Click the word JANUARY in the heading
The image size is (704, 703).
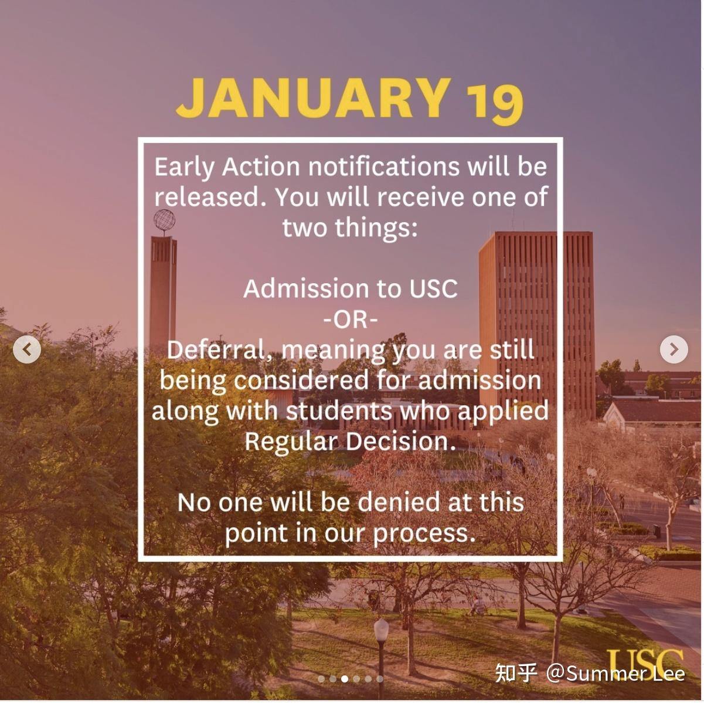coord(314,98)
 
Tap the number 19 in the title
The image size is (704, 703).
coord(494,103)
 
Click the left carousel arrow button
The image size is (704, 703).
coord(27,350)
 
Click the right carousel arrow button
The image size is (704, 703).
coord(674,350)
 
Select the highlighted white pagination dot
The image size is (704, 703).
coord(345,679)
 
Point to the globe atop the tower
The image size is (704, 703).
coord(164,221)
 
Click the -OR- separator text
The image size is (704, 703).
coord(351,320)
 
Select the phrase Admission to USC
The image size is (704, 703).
coord(351,288)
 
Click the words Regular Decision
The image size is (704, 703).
coord(349,441)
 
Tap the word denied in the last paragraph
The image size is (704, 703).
coord(399,502)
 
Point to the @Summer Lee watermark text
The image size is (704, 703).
coord(615,673)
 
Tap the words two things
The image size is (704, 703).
coord(349,227)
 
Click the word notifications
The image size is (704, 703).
coord(383,167)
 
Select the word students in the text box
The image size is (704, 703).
coord(339,410)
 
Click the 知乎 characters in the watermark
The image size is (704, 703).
coord(516,673)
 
